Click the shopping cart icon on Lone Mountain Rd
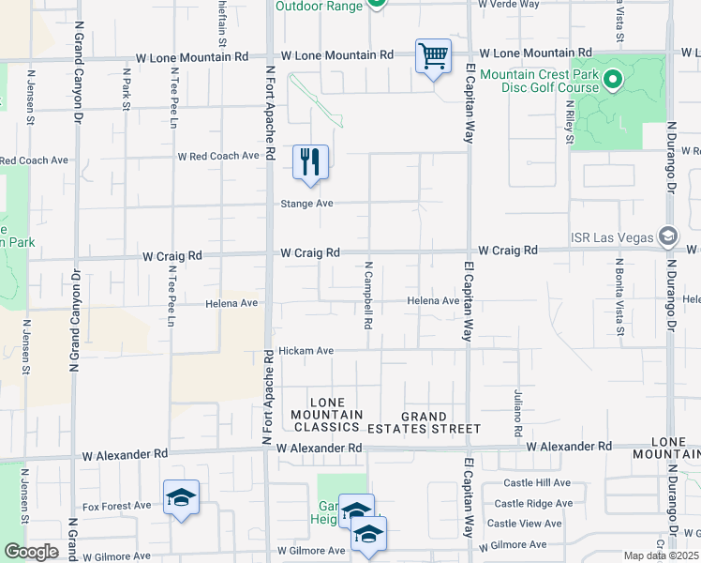[433, 56]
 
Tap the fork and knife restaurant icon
[310, 161]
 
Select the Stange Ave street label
[307, 203]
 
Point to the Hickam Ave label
[306, 351]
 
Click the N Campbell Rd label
[369, 296]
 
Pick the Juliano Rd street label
[517, 414]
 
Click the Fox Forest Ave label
[116, 506]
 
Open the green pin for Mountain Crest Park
[615, 80]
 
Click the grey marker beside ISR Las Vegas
[667, 234]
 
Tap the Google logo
[31, 552]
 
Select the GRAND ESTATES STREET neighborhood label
[440, 422]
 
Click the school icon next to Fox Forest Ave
[181, 498]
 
